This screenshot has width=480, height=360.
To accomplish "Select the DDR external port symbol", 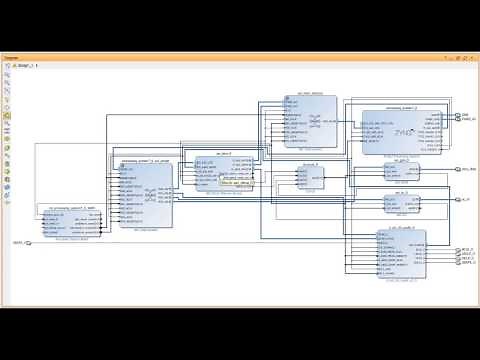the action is coord(459,115).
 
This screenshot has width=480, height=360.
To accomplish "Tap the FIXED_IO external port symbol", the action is coord(459,121).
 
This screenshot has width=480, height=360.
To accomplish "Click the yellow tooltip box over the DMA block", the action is coord(235,184).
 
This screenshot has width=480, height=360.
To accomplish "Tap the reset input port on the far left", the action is coord(27,242).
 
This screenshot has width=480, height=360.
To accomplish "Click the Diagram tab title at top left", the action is coord(12,59).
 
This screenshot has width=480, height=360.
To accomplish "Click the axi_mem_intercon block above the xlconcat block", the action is coord(302,119).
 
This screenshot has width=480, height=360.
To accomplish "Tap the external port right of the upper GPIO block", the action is coord(459,169).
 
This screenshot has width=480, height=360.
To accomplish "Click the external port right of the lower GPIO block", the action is coord(459,200).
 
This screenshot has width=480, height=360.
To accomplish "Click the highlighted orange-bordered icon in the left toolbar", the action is coord(7,116).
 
